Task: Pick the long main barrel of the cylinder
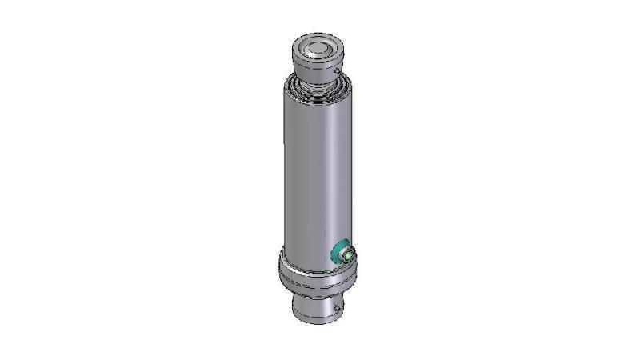pos(316,168)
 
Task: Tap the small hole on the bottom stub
pos(338,306)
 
